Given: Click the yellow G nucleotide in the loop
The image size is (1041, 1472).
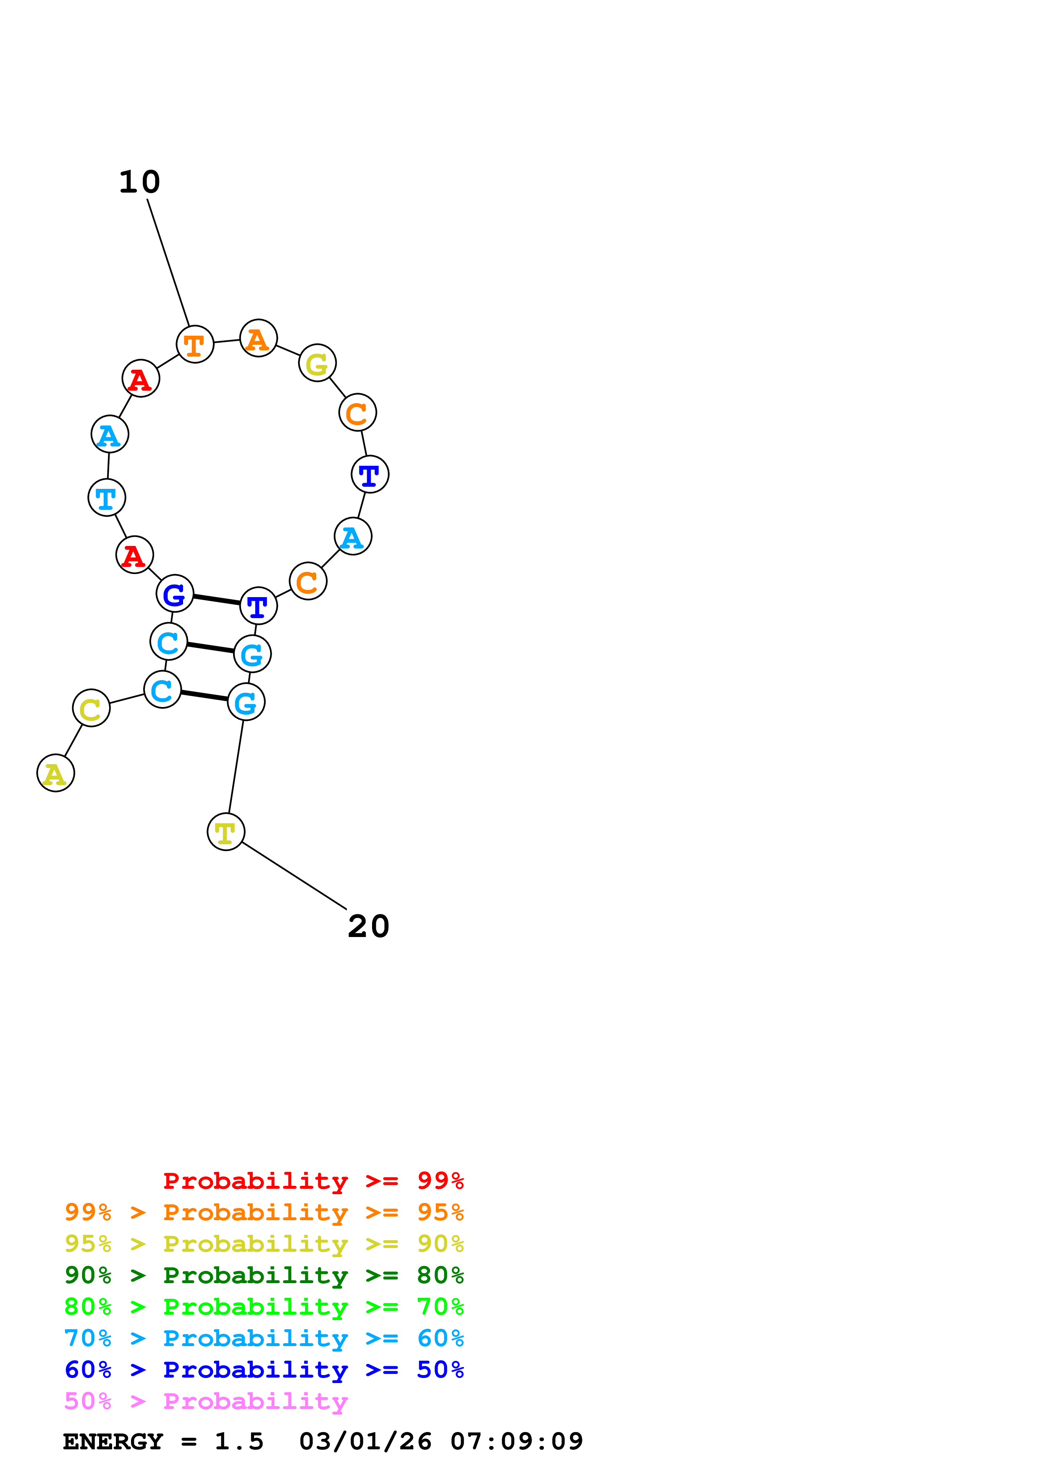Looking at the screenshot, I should click(317, 363).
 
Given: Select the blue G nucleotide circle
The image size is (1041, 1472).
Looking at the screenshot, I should click(174, 594).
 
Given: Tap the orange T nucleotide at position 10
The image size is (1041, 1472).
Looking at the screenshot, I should click(194, 344).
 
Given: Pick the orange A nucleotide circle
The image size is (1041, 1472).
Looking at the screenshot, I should click(258, 338).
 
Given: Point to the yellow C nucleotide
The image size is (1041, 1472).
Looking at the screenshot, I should click(91, 708).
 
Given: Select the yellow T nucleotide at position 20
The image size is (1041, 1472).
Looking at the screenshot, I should click(226, 832).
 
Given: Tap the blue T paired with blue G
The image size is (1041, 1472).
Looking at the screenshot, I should click(258, 605).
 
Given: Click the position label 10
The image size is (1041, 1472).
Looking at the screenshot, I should click(140, 182).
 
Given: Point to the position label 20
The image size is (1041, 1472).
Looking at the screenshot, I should click(368, 927).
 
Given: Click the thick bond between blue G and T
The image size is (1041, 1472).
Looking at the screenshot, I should click(216, 600).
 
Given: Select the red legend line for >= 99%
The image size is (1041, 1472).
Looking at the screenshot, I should click(313, 1180).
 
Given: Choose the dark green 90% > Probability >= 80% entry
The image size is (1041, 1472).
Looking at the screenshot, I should click(264, 1275).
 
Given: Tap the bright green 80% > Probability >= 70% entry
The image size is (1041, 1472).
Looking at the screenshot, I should click(264, 1307).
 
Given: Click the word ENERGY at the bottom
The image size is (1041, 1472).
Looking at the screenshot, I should click(113, 1442).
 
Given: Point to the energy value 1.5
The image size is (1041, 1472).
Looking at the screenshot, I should click(239, 1442).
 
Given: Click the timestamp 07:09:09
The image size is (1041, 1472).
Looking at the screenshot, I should click(517, 1442).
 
